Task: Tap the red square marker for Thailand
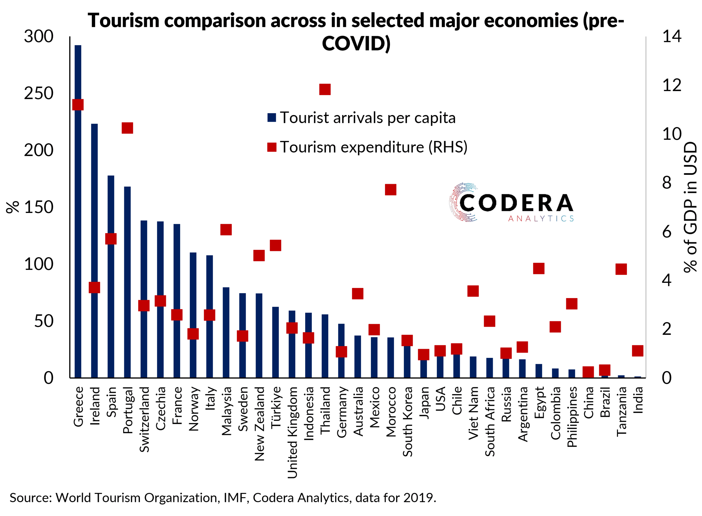point(325,90)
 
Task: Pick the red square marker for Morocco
point(390,190)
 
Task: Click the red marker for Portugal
point(127,128)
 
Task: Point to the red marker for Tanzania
point(621,269)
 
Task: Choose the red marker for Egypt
point(539,268)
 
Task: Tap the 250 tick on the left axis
point(39,93)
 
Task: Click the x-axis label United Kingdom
point(292,432)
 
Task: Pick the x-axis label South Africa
point(490,421)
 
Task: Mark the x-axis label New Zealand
point(259,424)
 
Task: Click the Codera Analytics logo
point(511,203)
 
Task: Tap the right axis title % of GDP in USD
point(690,207)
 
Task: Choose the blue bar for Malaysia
point(226,332)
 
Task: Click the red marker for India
point(638,351)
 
